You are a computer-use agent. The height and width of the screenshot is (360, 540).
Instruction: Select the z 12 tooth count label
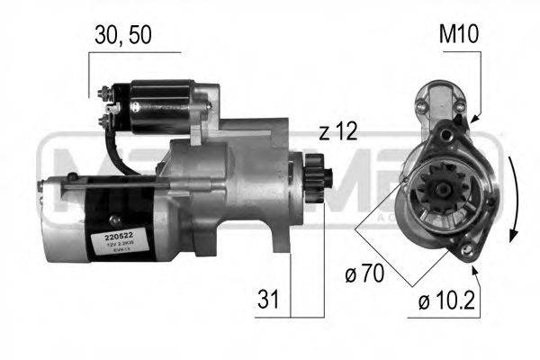(337, 132)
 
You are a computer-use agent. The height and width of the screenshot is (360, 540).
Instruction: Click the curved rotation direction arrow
(515, 198)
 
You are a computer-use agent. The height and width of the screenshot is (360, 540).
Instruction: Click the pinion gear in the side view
(318, 172)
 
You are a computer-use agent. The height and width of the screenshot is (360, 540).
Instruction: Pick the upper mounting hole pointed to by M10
(461, 118)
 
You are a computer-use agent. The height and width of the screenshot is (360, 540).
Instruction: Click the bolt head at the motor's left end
(41, 186)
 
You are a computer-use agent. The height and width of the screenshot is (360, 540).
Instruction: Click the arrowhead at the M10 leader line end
(471, 114)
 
